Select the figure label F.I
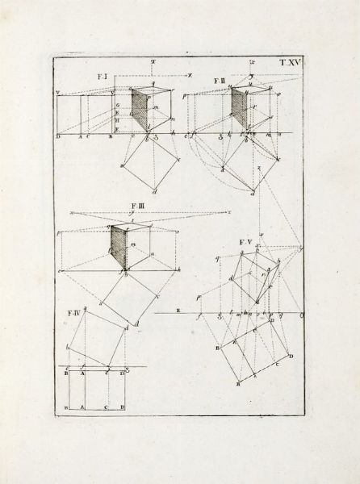tap(103, 77)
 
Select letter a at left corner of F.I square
tap(121, 167)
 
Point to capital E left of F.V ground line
tap(178, 311)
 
